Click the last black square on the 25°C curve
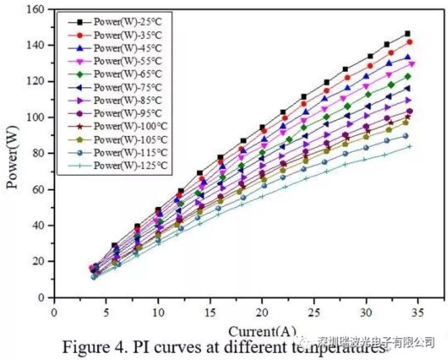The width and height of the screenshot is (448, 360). click(407, 34)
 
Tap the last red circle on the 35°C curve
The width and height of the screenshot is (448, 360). click(410, 42)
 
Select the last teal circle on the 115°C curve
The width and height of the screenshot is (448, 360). click(405, 136)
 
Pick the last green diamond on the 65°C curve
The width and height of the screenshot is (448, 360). click(408, 76)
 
